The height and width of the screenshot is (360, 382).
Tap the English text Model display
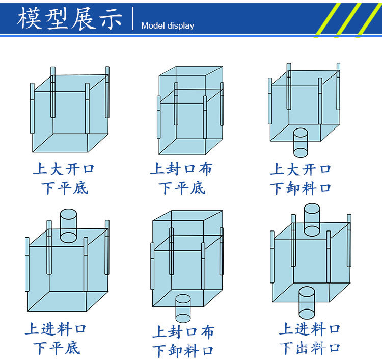[x=167, y=26]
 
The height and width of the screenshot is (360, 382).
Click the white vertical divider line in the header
[x=132, y=18]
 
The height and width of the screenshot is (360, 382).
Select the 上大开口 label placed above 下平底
[x=64, y=169]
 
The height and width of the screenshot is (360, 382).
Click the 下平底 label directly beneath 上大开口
[x=64, y=188]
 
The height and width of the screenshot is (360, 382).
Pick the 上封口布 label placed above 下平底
[x=181, y=169]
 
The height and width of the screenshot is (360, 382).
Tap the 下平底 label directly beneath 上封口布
[x=181, y=188]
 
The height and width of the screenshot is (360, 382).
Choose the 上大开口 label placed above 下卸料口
[x=301, y=169]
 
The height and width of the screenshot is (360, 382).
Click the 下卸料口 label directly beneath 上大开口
[x=301, y=188]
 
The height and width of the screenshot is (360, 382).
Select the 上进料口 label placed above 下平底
[x=56, y=329]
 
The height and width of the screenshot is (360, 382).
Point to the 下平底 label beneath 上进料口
[x=57, y=348]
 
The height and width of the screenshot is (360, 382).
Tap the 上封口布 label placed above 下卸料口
[x=183, y=332]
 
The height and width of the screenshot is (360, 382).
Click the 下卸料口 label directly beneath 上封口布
[x=183, y=351]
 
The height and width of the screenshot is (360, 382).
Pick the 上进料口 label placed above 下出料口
[x=309, y=329]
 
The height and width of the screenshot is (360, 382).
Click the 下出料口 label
[x=309, y=348]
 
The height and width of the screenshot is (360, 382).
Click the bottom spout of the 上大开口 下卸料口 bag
[x=301, y=143]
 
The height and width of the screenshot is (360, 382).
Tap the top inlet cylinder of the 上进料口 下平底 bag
[x=68, y=225]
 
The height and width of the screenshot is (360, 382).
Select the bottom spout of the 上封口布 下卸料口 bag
[x=183, y=308]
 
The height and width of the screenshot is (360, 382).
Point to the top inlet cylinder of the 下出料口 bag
[x=312, y=220]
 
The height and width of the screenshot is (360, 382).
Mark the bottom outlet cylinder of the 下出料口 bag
[x=307, y=302]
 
